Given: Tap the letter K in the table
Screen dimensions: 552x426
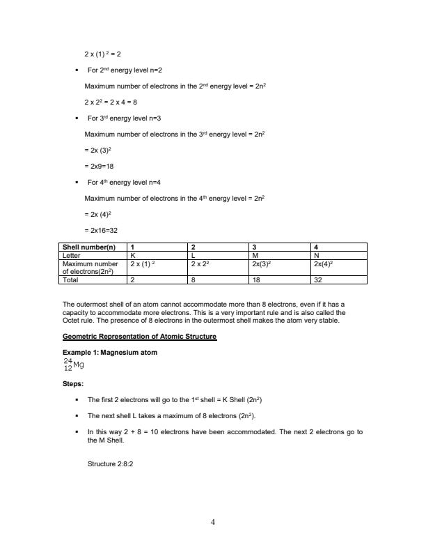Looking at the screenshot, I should (x=133, y=255).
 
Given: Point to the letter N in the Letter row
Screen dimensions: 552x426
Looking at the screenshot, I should (x=317, y=255).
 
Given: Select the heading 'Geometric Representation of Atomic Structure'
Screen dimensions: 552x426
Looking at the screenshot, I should (x=139, y=337).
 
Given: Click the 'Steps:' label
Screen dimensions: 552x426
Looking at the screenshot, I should (x=73, y=384).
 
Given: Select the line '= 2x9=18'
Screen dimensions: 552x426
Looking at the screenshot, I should (x=99, y=167).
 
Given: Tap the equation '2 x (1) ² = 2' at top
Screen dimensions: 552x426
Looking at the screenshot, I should (x=103, y=54).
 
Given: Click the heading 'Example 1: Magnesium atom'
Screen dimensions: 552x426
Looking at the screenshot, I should (x=110, y=353).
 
